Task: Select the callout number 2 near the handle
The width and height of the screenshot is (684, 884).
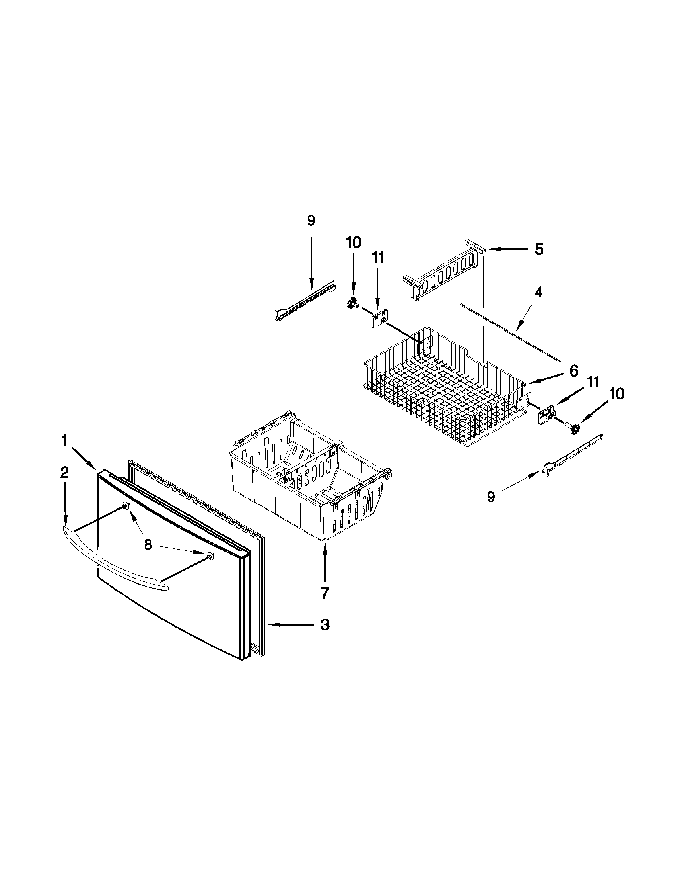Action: pos(64,473)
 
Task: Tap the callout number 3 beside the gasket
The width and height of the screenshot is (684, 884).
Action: pos(325,625)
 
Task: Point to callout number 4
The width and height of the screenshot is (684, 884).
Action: pos(538,292)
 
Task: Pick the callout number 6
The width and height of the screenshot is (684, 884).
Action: pos(573,371)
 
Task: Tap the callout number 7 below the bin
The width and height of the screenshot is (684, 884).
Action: pos(325,593)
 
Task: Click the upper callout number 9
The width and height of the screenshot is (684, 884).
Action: pos(310,221)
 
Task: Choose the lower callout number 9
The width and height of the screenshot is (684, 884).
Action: pos(491,497)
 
